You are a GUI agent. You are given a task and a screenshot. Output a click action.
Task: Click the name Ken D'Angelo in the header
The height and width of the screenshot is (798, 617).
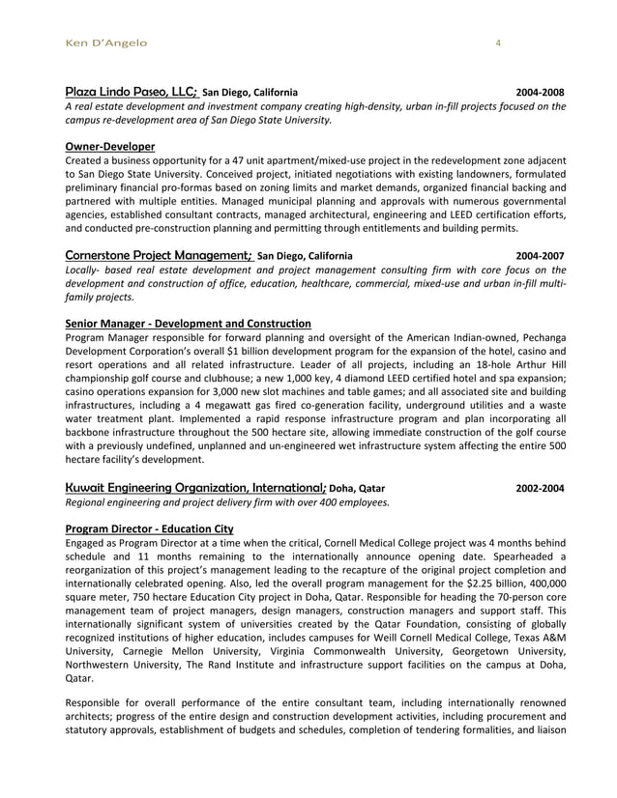tap(103, 43)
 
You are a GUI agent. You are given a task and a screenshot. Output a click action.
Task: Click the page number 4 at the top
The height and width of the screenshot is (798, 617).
tap(497, 43)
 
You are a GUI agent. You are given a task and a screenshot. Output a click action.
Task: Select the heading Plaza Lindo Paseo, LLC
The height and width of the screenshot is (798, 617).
tap(131, 91)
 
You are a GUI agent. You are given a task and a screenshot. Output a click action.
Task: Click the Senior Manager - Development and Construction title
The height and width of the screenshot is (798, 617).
tap(188, 323)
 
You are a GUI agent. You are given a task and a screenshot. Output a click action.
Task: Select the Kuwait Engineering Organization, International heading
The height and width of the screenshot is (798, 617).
tap(196, 488)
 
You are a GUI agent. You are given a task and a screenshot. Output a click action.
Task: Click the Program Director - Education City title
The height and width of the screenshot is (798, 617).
tap(148, 529)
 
